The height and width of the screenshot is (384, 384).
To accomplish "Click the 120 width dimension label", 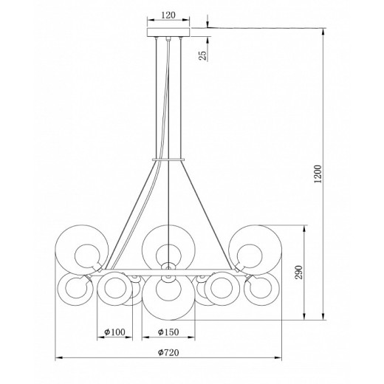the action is pos(168,16).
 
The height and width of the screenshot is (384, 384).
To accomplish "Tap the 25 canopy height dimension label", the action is pos(202,55).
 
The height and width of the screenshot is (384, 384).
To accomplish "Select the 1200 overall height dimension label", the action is pos(318,174).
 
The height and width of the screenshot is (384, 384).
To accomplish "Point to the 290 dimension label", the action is pos(298,272).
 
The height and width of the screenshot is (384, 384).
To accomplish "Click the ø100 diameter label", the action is pos(114,332).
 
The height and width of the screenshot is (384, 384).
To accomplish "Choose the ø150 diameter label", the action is pos(168,332).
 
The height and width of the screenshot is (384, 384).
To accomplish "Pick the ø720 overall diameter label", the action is pos(168,352).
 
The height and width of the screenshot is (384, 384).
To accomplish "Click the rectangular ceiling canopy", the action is pos(168,32).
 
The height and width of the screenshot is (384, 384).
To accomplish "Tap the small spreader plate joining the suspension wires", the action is pos(168,160).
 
